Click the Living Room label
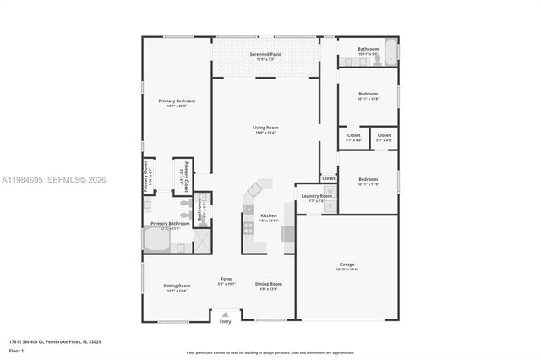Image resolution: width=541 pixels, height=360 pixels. (x=265, y=129)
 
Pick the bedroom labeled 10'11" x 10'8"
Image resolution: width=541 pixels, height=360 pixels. (x=368, y=95)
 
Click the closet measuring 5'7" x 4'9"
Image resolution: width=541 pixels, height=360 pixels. (x=353, y=137)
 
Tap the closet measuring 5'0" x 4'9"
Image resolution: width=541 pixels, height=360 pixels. (x=384, y=137)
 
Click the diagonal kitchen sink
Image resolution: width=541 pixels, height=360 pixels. (x=254, y=190)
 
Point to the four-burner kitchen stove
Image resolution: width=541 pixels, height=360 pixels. (x=249, y=226)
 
